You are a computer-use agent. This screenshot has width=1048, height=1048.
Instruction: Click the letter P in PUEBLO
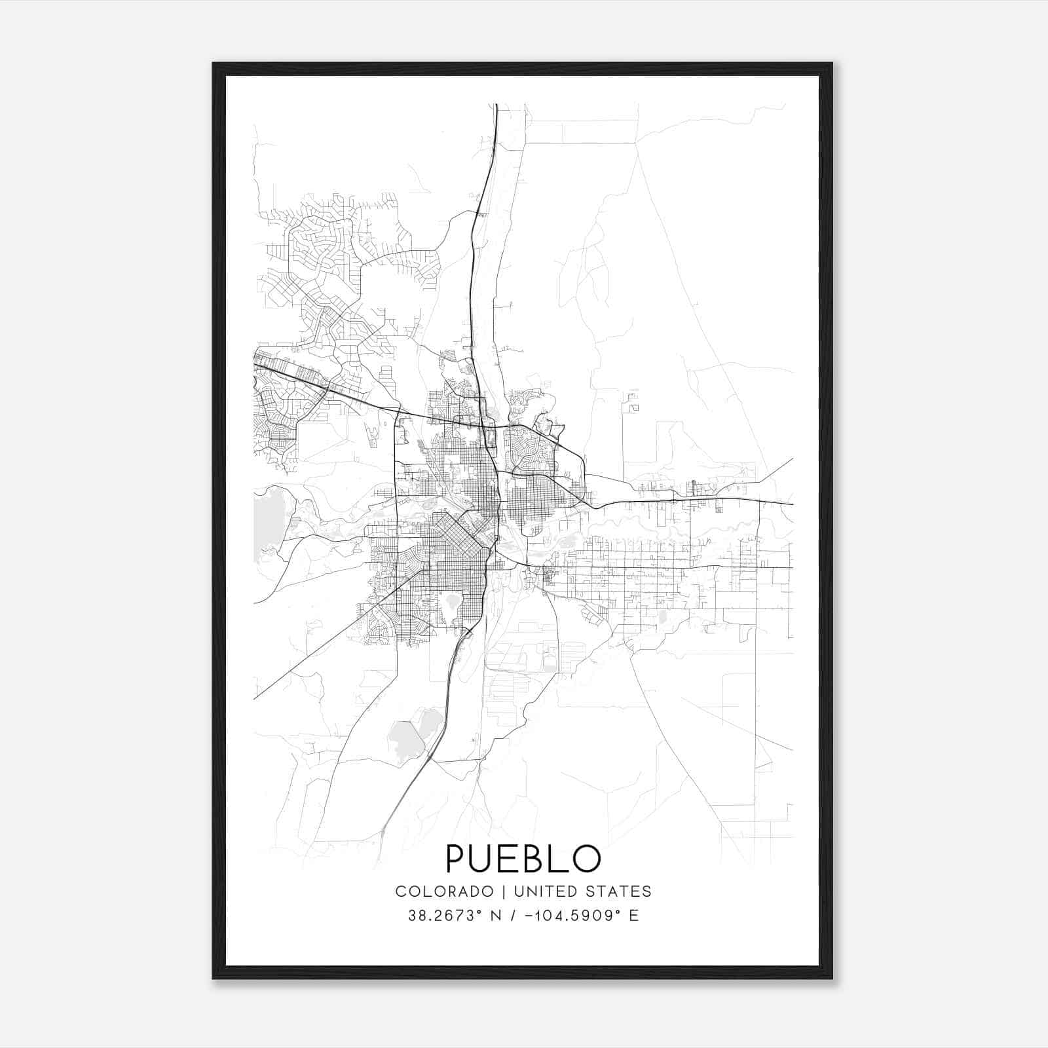[456, 859]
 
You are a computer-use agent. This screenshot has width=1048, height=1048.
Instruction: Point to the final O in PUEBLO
[587, 859]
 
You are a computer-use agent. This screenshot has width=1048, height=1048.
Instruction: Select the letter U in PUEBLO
[481, 859]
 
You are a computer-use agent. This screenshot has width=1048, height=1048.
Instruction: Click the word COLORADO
[444, 891]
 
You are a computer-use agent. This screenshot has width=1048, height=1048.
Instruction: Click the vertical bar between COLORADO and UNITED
[504, 891]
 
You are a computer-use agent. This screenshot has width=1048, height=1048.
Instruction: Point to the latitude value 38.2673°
[439, 916]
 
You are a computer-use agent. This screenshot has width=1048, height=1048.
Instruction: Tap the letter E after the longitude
[633, 916]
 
